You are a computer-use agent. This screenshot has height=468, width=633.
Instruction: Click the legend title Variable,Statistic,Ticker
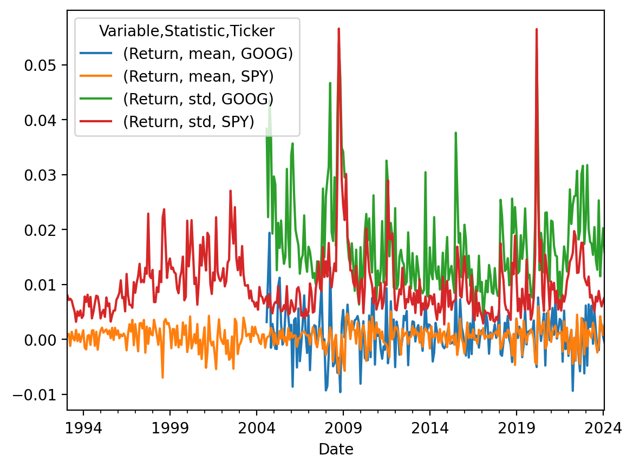187,31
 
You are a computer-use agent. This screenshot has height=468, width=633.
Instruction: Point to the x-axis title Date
336,449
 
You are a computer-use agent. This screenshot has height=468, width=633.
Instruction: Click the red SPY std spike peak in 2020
536,29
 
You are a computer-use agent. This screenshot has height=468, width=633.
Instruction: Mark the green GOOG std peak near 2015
456,133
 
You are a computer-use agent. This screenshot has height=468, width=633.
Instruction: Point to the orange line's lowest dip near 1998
162,377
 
